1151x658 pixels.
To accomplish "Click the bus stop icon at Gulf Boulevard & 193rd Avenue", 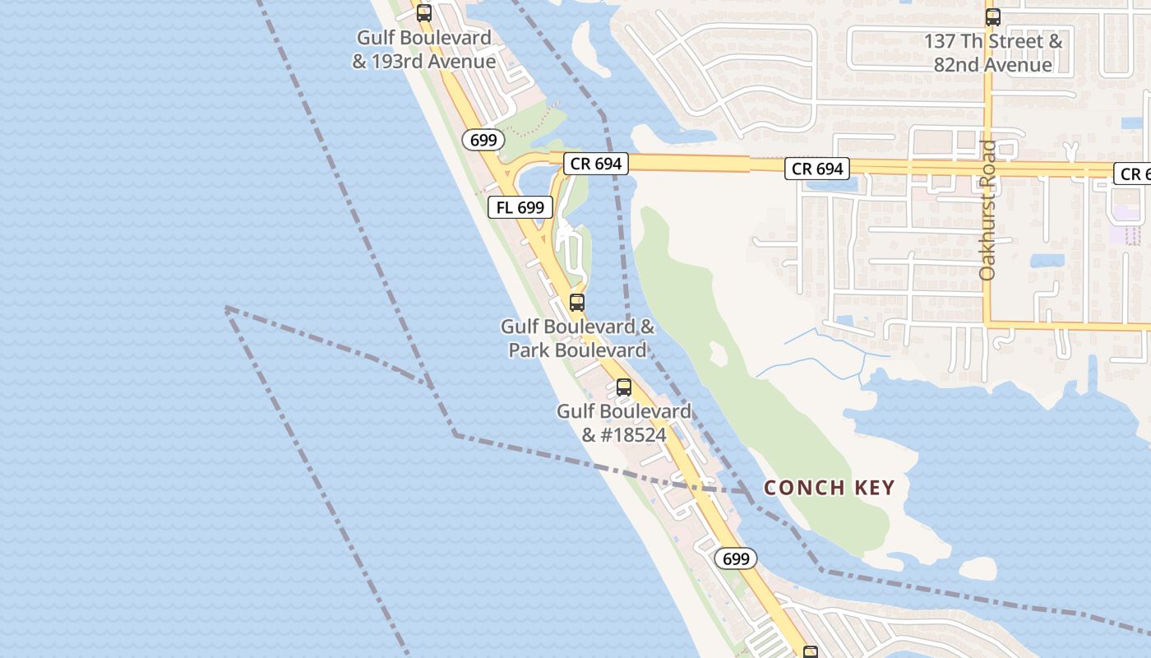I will click(424, 12).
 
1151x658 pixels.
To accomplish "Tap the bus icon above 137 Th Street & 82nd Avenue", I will click(993, 16).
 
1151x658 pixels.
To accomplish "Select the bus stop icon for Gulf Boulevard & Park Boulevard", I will click(577, 302).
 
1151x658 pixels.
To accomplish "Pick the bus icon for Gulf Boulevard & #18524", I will click(624, 387).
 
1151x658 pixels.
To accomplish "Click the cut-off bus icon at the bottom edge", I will click(811, 653).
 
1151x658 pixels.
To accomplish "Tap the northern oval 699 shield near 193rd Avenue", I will click(483, 140).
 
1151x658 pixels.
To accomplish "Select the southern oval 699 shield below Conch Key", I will click(736, 558).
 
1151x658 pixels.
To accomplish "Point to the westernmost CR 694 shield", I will click(596, 164).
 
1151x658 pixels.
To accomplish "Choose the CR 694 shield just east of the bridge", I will click(817, 169).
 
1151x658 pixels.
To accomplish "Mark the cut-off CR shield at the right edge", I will click(1133, 174).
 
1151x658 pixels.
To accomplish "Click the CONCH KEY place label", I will click(829, 488).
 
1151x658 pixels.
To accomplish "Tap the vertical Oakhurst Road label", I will click(988, 210).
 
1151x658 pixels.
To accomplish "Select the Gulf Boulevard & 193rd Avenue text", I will click(424, 49).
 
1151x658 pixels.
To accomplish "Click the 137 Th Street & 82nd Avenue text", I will click(993, 53).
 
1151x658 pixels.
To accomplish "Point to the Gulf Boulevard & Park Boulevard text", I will click(578, 338).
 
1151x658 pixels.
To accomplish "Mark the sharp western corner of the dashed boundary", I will click(226, 308).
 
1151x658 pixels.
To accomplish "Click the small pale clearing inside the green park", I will click(719, 354).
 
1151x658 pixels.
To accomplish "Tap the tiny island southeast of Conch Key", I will click(978, 568).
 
